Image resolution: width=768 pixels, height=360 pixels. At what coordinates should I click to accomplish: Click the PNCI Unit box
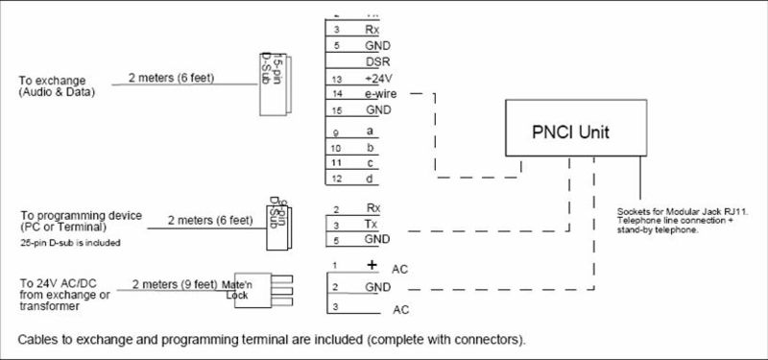pyautogui.click(x=572, y=128)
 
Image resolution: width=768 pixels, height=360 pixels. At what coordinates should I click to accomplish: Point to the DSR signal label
pyautogui.click(x=376, y=61)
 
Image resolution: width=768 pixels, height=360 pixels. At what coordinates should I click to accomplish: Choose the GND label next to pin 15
pyautogui.click(x=376, y=111)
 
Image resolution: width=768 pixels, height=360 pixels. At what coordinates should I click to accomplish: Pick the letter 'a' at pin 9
pyautogui.click(x=370, y=131)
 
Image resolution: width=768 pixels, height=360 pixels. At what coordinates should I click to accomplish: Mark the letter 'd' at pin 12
pyautogui.click(x=370, y=180)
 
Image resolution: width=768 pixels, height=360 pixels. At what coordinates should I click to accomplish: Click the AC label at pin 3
pyautogui.click(x=400, y=310)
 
